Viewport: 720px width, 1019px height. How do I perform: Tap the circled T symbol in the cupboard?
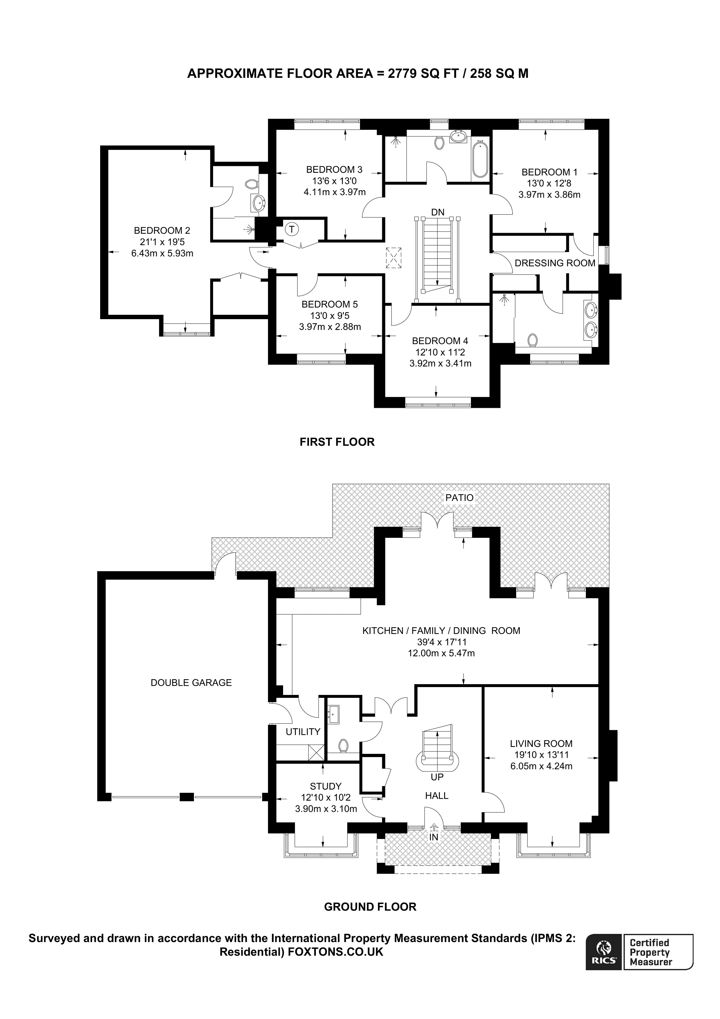[x=292, y=229]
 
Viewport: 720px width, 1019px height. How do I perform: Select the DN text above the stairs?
[x=438, y=212]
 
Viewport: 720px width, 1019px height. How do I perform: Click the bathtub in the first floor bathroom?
[x=479, y=158]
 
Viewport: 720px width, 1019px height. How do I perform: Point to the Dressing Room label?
[x=554, y=263]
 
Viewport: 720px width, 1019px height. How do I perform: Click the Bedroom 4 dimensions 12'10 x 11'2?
[x=440, y=353]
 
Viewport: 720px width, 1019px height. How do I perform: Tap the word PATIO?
[x=459, y=498]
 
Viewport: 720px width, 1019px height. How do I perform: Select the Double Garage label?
[x=191, y=682]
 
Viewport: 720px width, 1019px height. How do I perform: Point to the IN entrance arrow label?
[x=433, y=837]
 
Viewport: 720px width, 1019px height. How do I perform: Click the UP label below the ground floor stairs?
[x=437, y=777]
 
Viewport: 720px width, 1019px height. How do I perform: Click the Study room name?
[x=326, y=786]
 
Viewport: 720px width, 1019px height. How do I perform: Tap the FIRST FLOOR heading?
[x=337, y=442]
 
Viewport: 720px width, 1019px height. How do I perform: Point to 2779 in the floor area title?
[x=402, y=73]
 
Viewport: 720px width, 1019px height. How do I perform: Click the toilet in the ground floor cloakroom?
[x=343, y=745]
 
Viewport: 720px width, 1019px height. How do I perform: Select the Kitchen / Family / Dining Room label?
[x=441, y=631]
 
